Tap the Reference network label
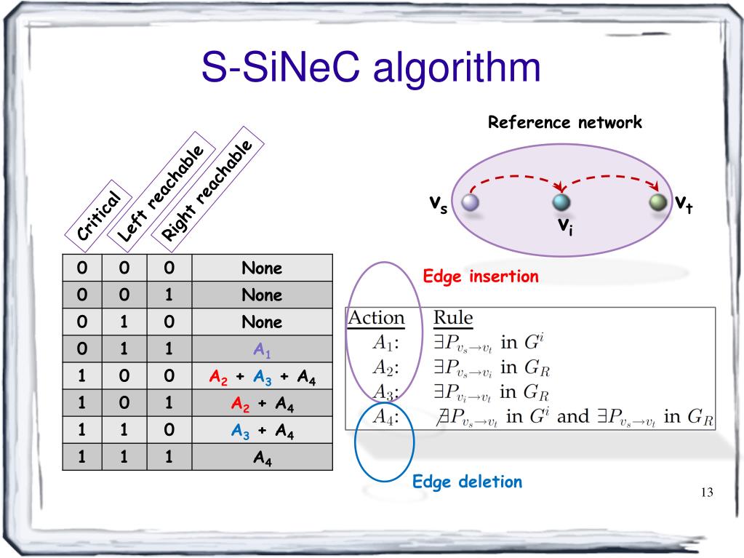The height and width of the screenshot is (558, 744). pos(564,122)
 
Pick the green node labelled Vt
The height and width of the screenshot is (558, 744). pos(658,202)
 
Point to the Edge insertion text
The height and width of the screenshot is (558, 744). pos(481,276)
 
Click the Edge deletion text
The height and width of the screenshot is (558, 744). pos(467,481)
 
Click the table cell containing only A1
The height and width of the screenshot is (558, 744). pos(262,350)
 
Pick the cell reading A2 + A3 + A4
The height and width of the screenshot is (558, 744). pos(262,377)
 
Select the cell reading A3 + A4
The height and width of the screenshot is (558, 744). pos(262,431)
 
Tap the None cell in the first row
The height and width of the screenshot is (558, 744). pos(262,268)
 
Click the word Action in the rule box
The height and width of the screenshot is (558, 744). pos(376,318)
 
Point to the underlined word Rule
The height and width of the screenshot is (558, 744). pos(452,318)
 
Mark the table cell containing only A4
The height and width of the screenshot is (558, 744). pos(262,458)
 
